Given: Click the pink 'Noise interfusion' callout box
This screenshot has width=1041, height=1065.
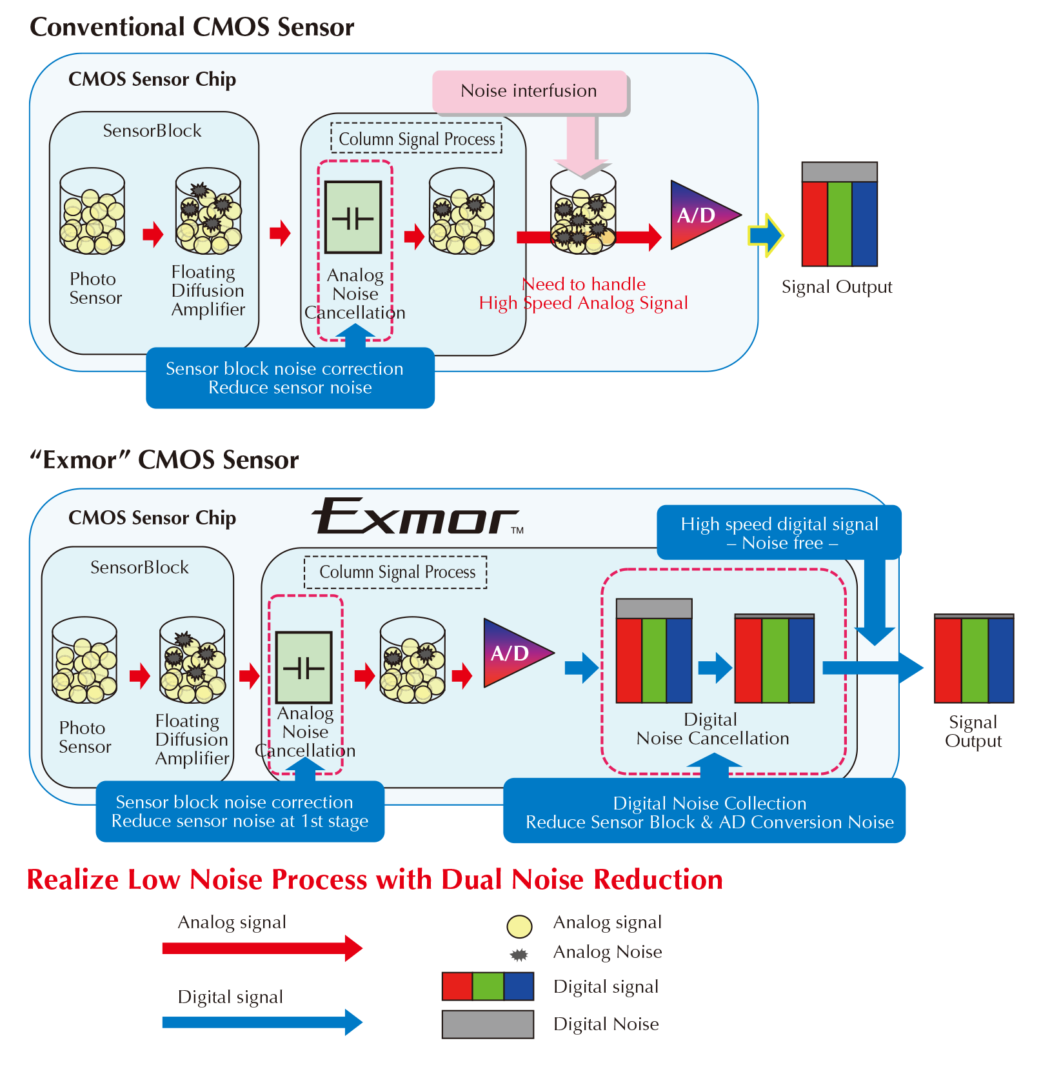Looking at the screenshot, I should coord(529,92).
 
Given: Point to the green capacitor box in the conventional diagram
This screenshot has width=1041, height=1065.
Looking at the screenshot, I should coord(353,217).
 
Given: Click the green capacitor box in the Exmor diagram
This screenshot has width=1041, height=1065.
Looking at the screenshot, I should coord(304,667).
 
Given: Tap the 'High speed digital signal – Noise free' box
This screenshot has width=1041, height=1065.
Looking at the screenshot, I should coord(778,533).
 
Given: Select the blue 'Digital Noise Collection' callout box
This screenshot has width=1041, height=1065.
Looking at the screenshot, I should coord(704,812).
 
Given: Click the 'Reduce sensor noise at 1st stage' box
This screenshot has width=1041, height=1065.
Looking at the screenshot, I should coord(240,811).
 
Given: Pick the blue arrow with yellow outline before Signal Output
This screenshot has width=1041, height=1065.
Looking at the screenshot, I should coord(766,235).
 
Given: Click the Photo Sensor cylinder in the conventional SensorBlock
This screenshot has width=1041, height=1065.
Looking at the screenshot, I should coord(92,212).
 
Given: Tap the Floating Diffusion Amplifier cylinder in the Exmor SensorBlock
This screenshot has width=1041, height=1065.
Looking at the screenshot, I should coord(192,660).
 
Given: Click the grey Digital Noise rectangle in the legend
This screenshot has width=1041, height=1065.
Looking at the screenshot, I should coord(488,1024).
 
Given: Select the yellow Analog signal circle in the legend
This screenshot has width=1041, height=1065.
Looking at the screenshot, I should coord(519,926).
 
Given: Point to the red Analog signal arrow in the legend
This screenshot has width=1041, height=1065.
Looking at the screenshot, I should coord(262,948).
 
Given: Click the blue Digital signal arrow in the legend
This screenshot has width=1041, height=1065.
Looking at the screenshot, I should coord(262,1022).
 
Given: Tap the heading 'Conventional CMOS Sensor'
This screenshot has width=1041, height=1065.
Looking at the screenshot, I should coord(192,27).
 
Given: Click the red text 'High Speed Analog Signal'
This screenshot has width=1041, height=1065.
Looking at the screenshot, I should coord(583,303).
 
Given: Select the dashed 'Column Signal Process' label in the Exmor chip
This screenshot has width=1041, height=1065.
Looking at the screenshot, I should coord(396,572).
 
